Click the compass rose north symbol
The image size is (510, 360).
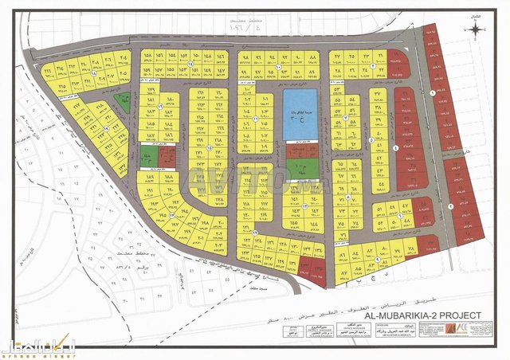[476, 29]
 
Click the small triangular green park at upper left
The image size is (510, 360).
[123, 101]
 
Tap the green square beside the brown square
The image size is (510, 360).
[148, 156]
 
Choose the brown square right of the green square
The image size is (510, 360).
[166, 156]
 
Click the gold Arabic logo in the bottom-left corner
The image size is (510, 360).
[29, 347]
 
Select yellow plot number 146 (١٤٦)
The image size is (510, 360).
[221, 72]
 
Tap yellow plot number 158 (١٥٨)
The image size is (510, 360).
[148, 57]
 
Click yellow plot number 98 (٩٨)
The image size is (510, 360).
[245, 57]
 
